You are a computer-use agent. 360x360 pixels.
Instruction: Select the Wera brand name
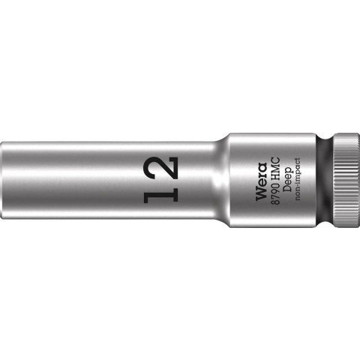pos(259,180)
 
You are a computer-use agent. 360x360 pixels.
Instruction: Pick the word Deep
pos(286,180)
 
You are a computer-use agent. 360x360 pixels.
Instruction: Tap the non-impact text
pos(297,180)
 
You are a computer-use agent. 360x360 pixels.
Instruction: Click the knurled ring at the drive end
pos(341,180)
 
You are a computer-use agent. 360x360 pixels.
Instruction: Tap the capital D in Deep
pos(286,190)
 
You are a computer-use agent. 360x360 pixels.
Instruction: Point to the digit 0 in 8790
pos(273,184)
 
